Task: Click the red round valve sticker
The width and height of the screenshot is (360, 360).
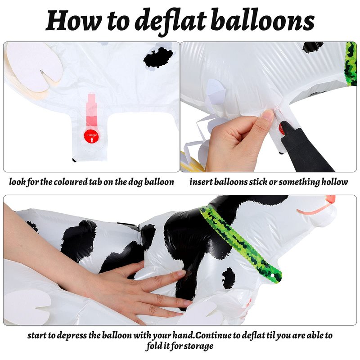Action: tap(91, 136)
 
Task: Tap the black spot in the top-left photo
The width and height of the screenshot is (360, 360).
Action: tap(158, 58)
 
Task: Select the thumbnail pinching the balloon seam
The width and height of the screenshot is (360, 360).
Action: tap(268, 115)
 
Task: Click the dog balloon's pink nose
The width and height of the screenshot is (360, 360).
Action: tap(330, 199)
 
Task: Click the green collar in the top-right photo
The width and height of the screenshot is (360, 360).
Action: tap(351, 64)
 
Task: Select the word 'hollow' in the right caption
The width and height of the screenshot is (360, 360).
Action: tap(334, 182)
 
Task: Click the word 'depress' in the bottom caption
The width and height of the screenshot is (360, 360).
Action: tap(72, 336)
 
